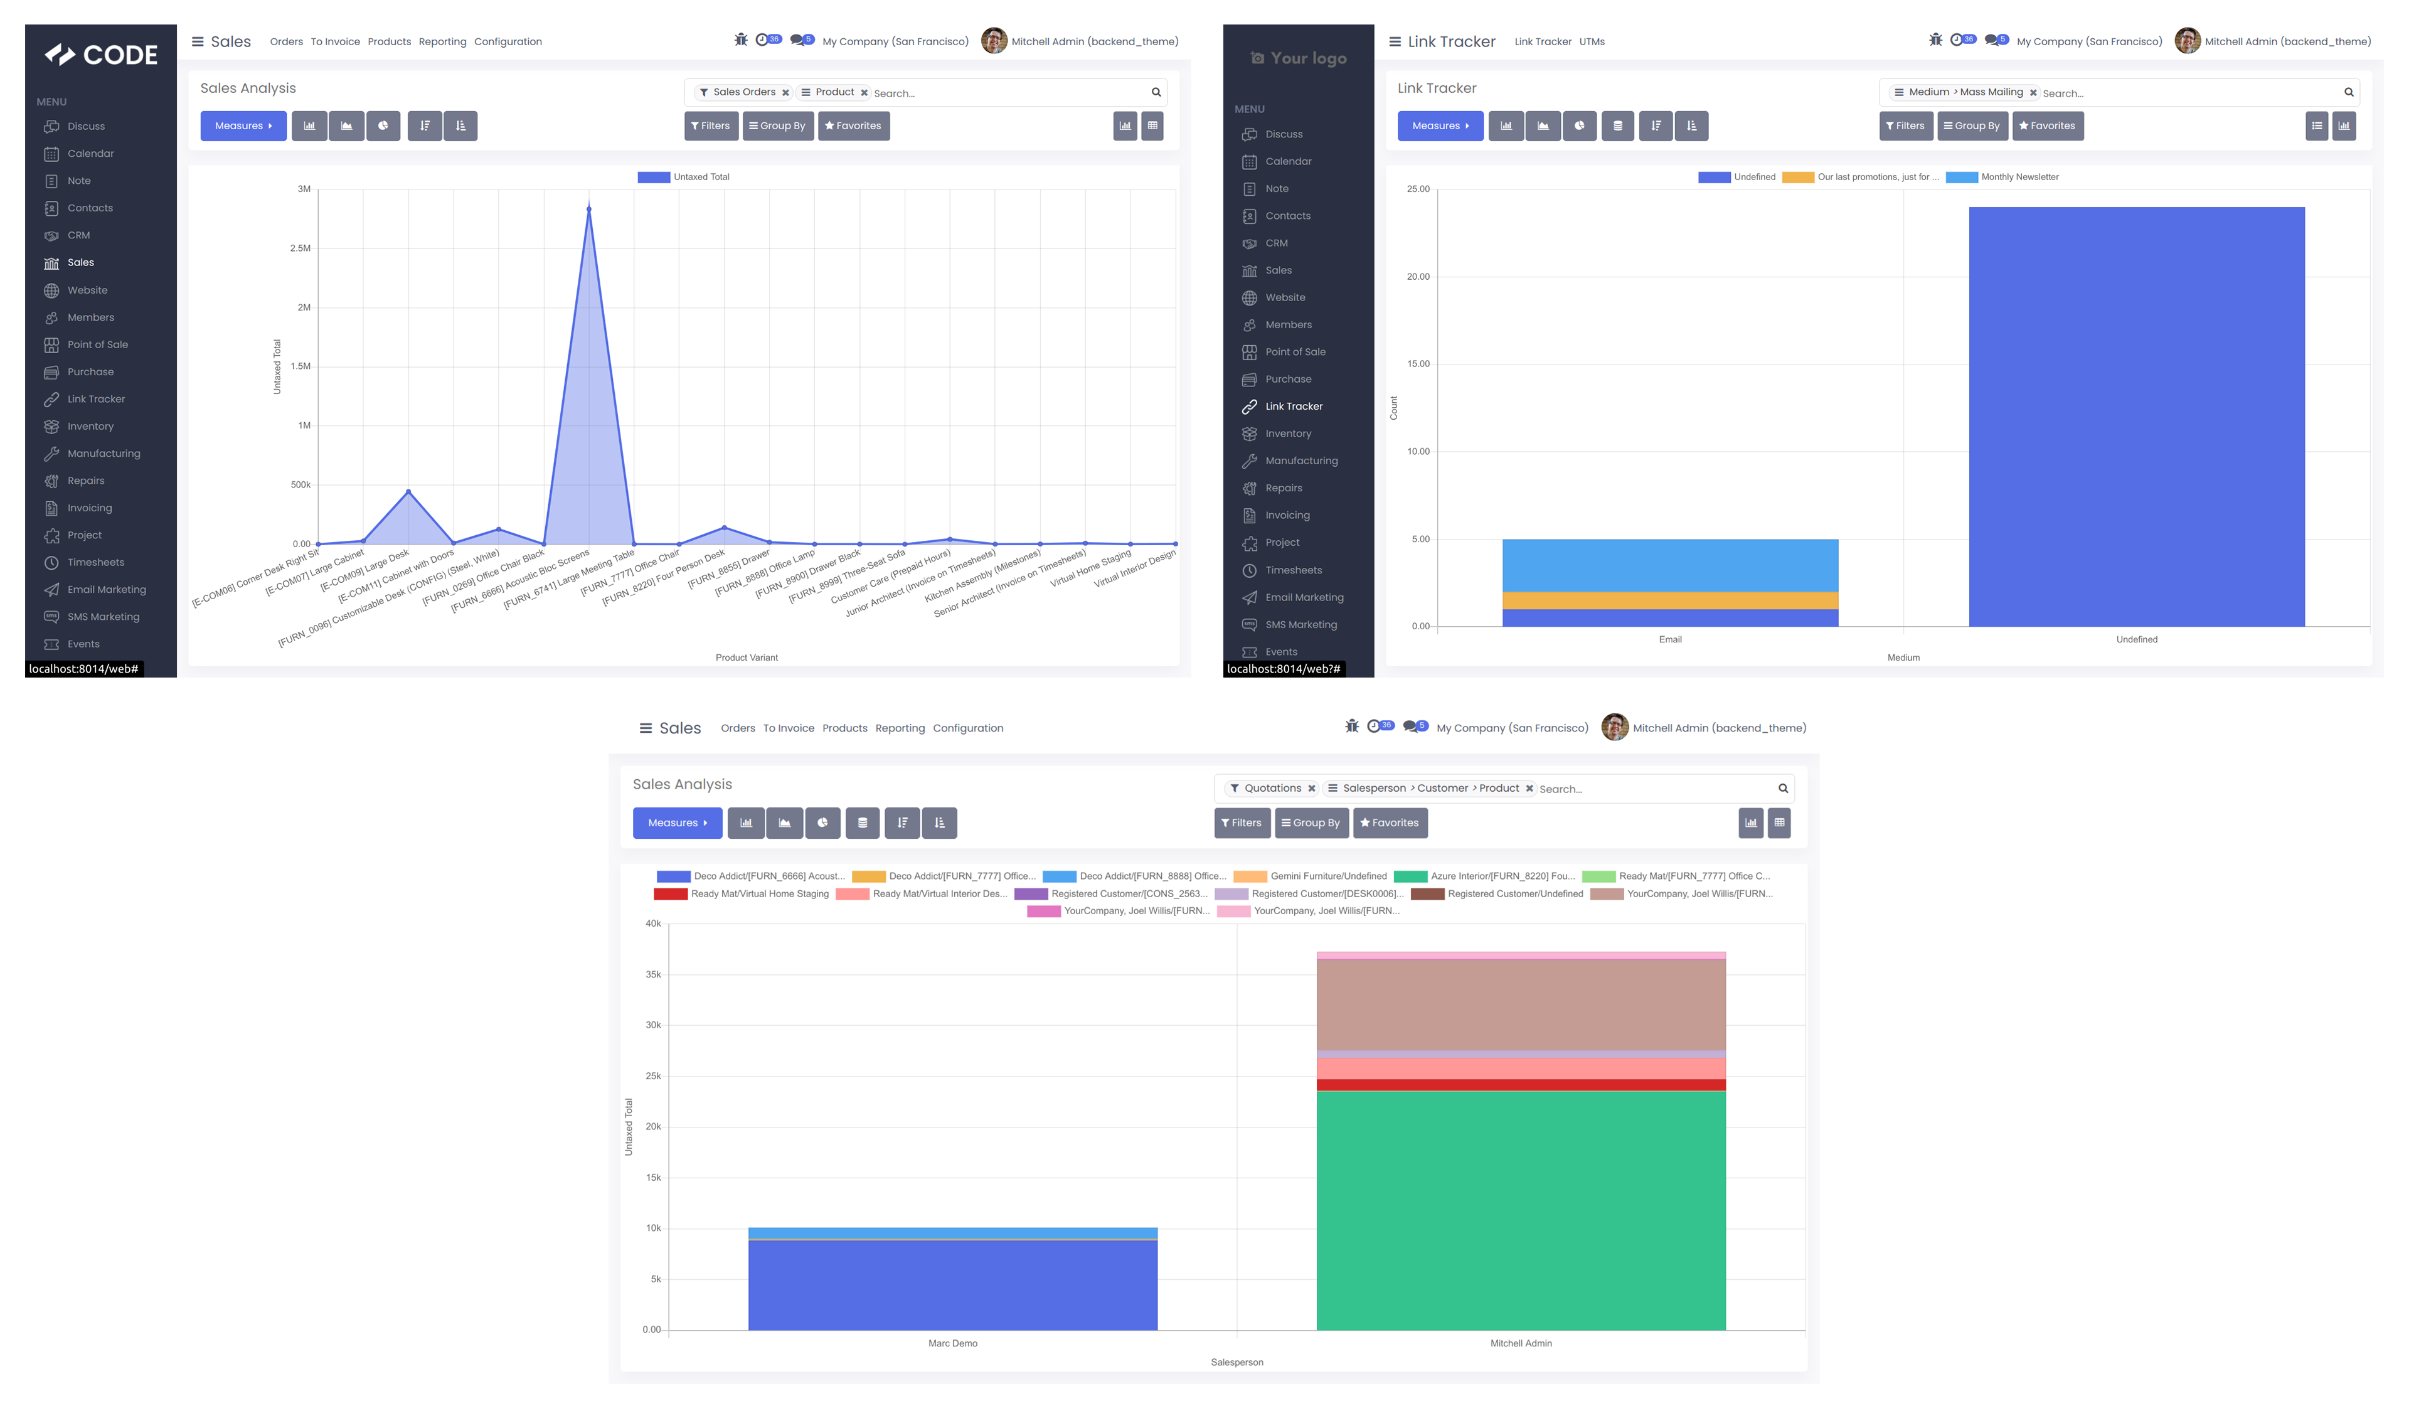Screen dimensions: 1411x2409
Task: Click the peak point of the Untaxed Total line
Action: [x=589, y=208]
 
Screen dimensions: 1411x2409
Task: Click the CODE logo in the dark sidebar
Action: [x=102, y=55]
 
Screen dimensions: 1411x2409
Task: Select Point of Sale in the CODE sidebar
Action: [x=97, y=345]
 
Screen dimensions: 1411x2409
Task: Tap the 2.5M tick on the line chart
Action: [x=300, y=248]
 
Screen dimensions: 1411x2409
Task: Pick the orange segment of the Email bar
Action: [x=1669, y=600]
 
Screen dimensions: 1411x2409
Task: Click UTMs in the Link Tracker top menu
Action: [x=1591, y=42]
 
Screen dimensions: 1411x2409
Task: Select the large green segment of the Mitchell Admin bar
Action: [x=1520, y=1209]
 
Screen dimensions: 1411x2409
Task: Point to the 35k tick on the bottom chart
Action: [x=653, y=975]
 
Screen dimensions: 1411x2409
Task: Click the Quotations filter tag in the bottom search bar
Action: [x=1272, y=789]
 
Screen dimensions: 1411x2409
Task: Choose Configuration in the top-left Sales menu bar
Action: [x=508, y=42]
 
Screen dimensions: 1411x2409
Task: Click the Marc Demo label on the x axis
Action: [x=952, y=1343]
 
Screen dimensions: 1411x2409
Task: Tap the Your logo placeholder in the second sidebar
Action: [x=1298, y=58]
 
